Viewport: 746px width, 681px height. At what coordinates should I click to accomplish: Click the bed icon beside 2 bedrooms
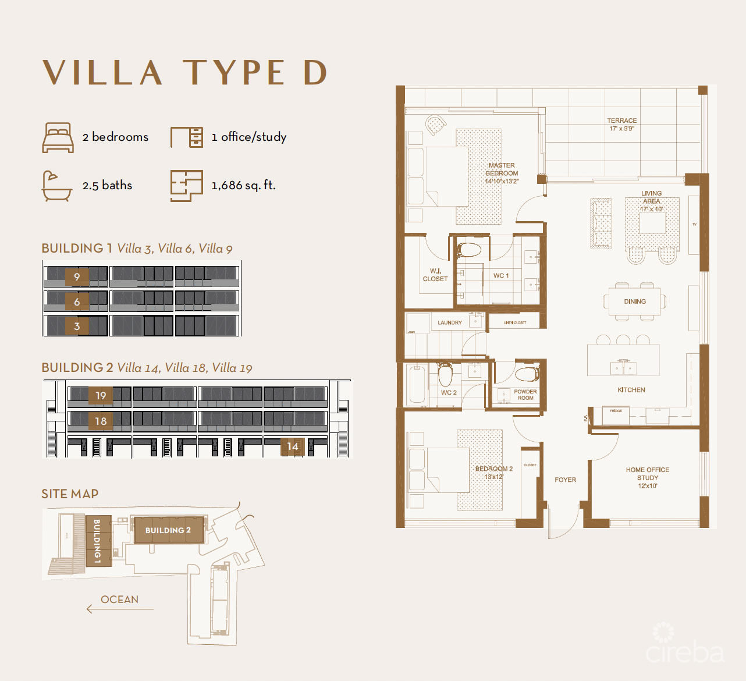coord(58,137)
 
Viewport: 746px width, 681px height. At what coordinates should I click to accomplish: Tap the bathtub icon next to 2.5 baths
coord(57,186)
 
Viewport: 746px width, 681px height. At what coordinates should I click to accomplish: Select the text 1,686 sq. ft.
coord(243,185)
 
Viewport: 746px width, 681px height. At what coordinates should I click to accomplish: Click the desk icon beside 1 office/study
coord(187,137)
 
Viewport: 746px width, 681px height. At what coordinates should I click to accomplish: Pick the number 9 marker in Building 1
coord(77,276)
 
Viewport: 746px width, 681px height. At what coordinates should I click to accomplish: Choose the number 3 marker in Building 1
coord(77,327)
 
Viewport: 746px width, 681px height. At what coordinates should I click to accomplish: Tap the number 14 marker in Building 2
coord(293,446)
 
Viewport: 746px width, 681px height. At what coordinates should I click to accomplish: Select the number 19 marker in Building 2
coord(101,395)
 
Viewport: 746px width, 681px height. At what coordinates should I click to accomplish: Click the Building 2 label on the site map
coord(168,530)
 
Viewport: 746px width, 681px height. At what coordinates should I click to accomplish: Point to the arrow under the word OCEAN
coord(119,609)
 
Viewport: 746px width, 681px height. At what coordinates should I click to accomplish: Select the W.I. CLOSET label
coord(435,275)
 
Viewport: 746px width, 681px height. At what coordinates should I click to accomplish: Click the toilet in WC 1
coord(469,250)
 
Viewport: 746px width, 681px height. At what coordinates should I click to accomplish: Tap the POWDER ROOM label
coord(525,395)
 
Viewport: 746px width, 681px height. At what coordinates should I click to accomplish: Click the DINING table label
coord(635,302)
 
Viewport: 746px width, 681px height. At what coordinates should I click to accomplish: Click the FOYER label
coord(565,480)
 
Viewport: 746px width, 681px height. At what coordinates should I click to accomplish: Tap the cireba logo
coord(684,646)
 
